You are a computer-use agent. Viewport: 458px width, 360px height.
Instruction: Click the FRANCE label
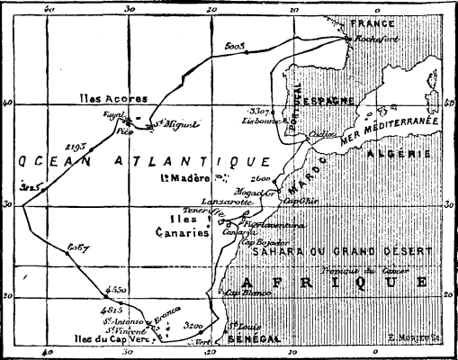(x=373, y=22)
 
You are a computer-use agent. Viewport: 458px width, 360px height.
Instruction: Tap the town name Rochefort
(x=379, y=40)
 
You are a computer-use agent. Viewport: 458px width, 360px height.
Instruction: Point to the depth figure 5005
(x=236, y=45)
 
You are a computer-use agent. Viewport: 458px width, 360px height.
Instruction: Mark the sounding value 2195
(x=76, y=145)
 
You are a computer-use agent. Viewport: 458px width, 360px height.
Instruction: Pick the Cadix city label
(x=319, y=133)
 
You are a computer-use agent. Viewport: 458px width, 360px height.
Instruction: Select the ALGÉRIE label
(x=391, y=154)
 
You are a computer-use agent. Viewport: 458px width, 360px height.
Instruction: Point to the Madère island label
(x=185, y=178)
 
